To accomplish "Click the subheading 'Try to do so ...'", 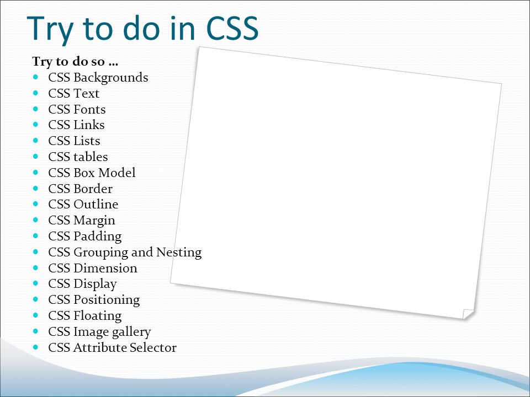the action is (75, 61).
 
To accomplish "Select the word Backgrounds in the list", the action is (111, 78).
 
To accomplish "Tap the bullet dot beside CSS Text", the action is (36, 93).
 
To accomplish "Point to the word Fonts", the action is (89, 109).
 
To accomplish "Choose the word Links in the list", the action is (89, 125).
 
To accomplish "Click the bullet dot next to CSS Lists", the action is (36, 141).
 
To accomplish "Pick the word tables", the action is (91, 157).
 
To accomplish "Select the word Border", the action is (93, 189).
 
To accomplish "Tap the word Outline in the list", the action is (96, 204).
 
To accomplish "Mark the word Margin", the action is (94, 221).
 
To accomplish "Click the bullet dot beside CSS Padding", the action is (36, 235).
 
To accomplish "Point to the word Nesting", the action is (179, 253).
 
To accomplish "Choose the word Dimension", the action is (105, 268).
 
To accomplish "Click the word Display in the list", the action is (96, 285).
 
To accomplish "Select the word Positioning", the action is (107, 300).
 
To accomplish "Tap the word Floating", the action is (98, 316).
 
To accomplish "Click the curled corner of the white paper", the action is (468, 314).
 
